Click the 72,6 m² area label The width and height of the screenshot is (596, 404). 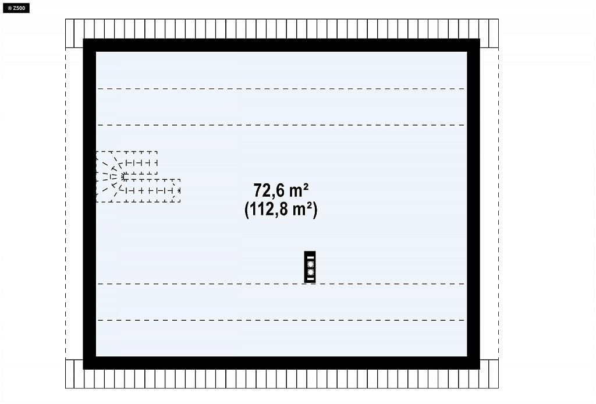[x=281, y=190]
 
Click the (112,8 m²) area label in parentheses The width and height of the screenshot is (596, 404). [x=281, y=210]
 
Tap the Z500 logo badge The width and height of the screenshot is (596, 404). [x=16, y=8]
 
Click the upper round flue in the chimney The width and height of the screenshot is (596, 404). [x=310, y=264]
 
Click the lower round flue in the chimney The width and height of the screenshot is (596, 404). [x=310, y=272]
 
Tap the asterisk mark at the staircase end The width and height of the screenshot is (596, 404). [x=179, y=190]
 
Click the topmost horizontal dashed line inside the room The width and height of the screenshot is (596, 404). [x=281, y=89]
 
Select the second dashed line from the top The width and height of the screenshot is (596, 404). [x=281, y=125]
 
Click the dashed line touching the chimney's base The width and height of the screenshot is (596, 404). [x=281, y=284]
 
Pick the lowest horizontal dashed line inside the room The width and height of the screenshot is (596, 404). [x=281, y=320]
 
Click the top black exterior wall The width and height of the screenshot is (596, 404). [x=281, y=45]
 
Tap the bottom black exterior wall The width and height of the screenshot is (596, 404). [x=281, y=363]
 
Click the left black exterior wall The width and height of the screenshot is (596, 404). [x=90, y=204]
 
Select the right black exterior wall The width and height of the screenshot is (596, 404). [x=473, y=204]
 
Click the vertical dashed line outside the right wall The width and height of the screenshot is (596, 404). [x=498, y=203]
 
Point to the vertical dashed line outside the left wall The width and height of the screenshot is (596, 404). [x=65, y=203]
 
